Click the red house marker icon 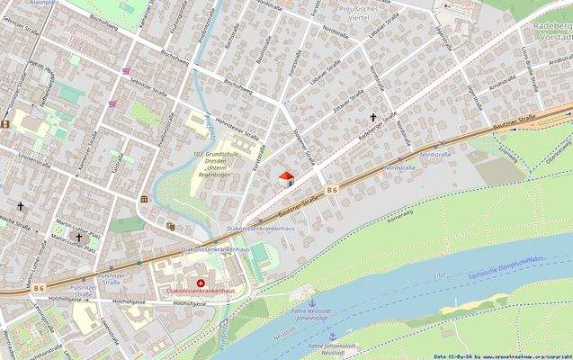286,178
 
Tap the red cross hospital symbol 200,283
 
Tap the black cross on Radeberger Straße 373,117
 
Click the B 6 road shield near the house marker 331,189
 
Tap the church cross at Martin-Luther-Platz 78,237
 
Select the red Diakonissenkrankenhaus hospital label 200,292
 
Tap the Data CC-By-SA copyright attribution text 508,355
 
